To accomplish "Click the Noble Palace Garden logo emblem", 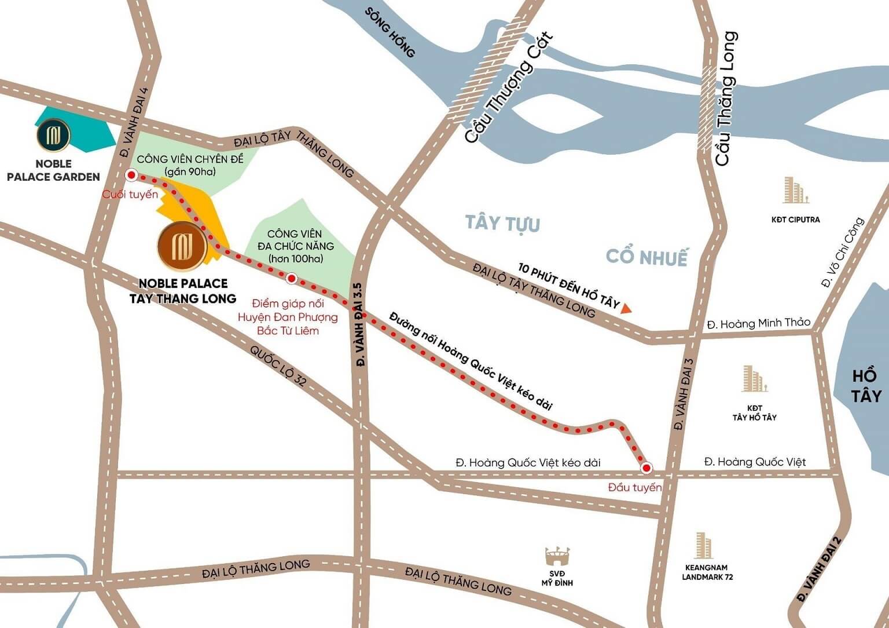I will [x=53, y=134].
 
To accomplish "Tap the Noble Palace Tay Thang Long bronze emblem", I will [x=182, y=246].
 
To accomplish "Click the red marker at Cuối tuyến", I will [x=131, y=175].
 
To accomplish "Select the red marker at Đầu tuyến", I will [x=646, y=468].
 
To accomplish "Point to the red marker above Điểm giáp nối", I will [x=292, y=279].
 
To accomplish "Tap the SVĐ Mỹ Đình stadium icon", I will [x=558, y=556].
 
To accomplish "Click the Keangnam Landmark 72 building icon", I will [x=704, y=545].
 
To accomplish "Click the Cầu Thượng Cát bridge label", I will [x=509, y=87].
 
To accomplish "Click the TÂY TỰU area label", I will [x=502, y=223].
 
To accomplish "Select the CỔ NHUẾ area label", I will [x=646, y=256].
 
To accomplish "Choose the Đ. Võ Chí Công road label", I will [x=842, y=253].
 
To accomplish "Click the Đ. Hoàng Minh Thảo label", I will [x=758, y=323].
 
